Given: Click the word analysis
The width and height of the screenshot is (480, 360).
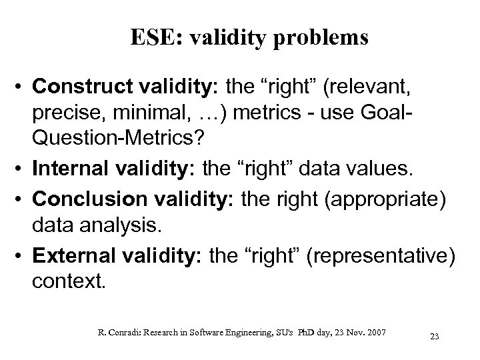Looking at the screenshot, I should click(105, 227).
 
